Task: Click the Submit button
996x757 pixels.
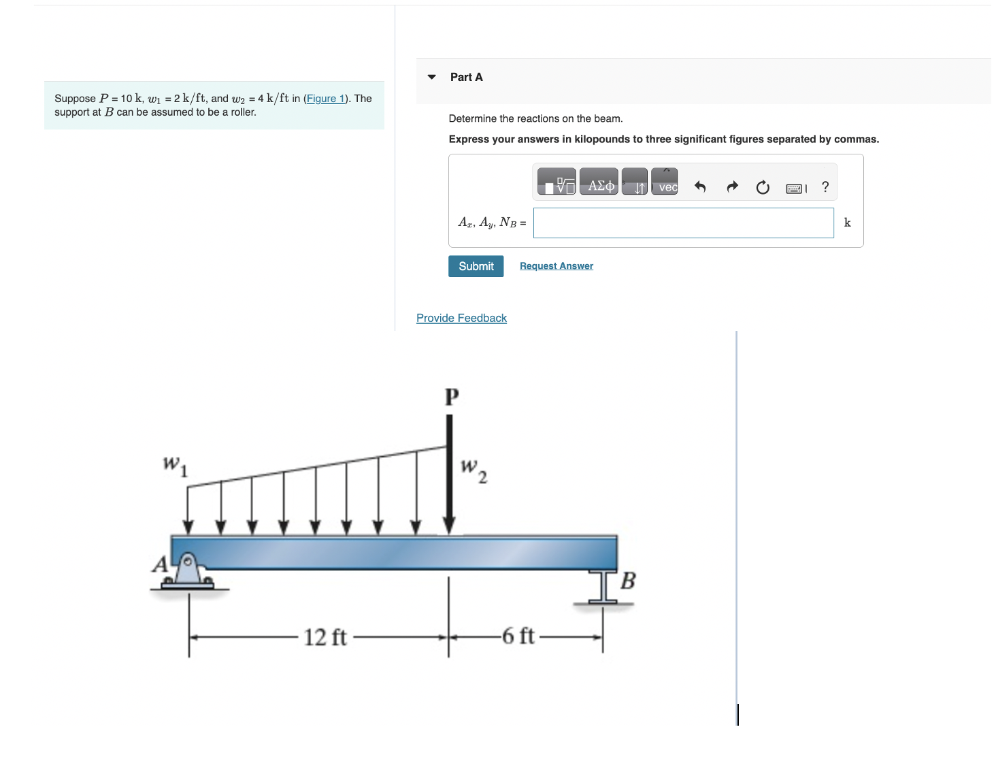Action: (x=476, y=266)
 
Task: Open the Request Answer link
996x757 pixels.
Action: (x=556, y=266)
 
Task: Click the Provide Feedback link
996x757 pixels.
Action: (x=461, y=318)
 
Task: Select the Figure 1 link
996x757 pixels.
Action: (x=325, y=99)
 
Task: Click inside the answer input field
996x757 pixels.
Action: (x=683, y=223)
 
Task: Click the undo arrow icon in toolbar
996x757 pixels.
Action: (x=699, y=187)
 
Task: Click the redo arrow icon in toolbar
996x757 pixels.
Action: (x=732, y=187)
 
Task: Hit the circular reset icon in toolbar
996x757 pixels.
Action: (x=763, y=187)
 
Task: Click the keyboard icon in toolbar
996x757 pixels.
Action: (x=795, y=189)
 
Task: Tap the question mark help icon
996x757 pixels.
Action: (x=825, y=187)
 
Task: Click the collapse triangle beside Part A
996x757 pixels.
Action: (x=431, y=78)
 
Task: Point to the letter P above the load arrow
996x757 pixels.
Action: (x=452, y=397)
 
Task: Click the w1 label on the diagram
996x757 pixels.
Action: (x=174, y=466)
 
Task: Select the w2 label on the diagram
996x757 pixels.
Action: (x=474, y=470)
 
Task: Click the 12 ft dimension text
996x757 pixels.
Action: (x=325, y=637)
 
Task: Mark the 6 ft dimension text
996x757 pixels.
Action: (x=518, y=636)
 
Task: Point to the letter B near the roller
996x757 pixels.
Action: (x=628, y=581)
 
